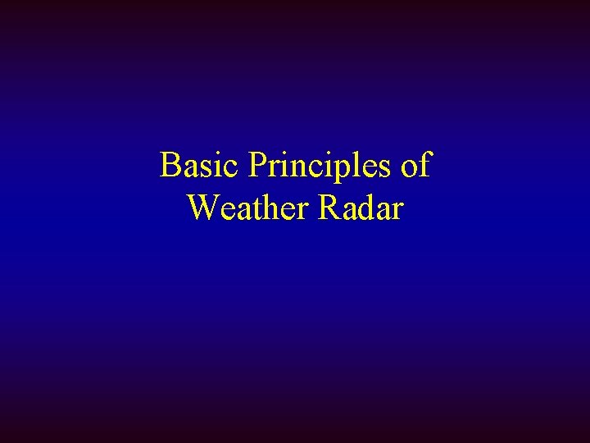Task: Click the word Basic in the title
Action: pyautogui.click(x=195, y=166)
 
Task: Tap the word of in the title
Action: pyautogui.click(x=414, y=166)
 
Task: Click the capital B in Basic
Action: pyautogui.click(x=170, y=166)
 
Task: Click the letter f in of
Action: pyautogui.click(x=424, y=165)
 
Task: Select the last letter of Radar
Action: pyautogui.click(x=397, y=211)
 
